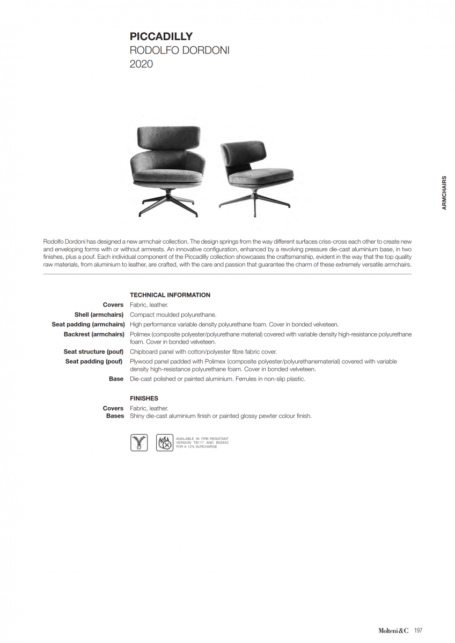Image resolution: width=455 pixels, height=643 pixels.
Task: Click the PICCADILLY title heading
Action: pos(161,37)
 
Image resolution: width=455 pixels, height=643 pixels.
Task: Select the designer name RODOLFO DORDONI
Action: pos(179,51)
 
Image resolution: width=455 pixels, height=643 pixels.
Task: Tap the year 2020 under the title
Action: pos(141,64)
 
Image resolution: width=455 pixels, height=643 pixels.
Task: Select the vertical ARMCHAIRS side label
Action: pos(444,192)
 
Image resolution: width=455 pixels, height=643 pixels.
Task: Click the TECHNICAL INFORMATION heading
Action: pos(170,295)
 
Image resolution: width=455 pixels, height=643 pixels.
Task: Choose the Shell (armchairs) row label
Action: pos(99,315)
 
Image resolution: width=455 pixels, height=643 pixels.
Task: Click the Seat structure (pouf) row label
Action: pos(93,352)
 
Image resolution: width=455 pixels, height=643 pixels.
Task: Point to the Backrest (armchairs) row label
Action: pos(94,334)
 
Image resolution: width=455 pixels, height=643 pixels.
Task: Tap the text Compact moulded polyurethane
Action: pos(173,315)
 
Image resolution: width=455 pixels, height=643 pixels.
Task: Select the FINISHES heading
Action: pos(144,399)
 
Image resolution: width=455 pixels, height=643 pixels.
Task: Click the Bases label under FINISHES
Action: pos(115,416)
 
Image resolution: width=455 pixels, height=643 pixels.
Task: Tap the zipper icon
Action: pos(139,442)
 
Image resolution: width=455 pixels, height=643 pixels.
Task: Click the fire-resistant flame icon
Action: pos(165,442)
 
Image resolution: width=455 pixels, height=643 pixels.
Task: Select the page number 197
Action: pos(419,631)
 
